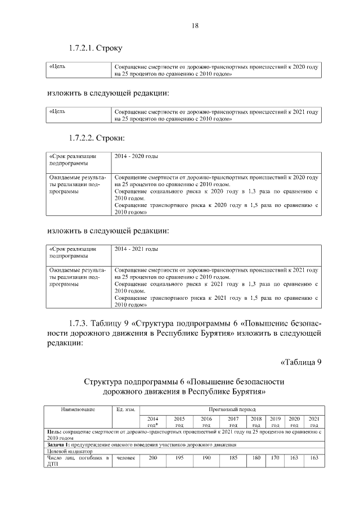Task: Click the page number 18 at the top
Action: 180,26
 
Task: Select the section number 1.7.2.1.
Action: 83,48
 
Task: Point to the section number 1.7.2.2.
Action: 83,137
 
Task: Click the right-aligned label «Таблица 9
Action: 300,362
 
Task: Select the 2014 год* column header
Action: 152,422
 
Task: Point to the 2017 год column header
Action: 233,422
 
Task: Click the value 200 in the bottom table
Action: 152,458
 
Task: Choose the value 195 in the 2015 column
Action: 179,458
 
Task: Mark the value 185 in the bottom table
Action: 233,458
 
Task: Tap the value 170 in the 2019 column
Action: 275,458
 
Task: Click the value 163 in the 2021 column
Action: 314,458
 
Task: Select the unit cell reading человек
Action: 125,458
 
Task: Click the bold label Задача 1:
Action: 60,444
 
